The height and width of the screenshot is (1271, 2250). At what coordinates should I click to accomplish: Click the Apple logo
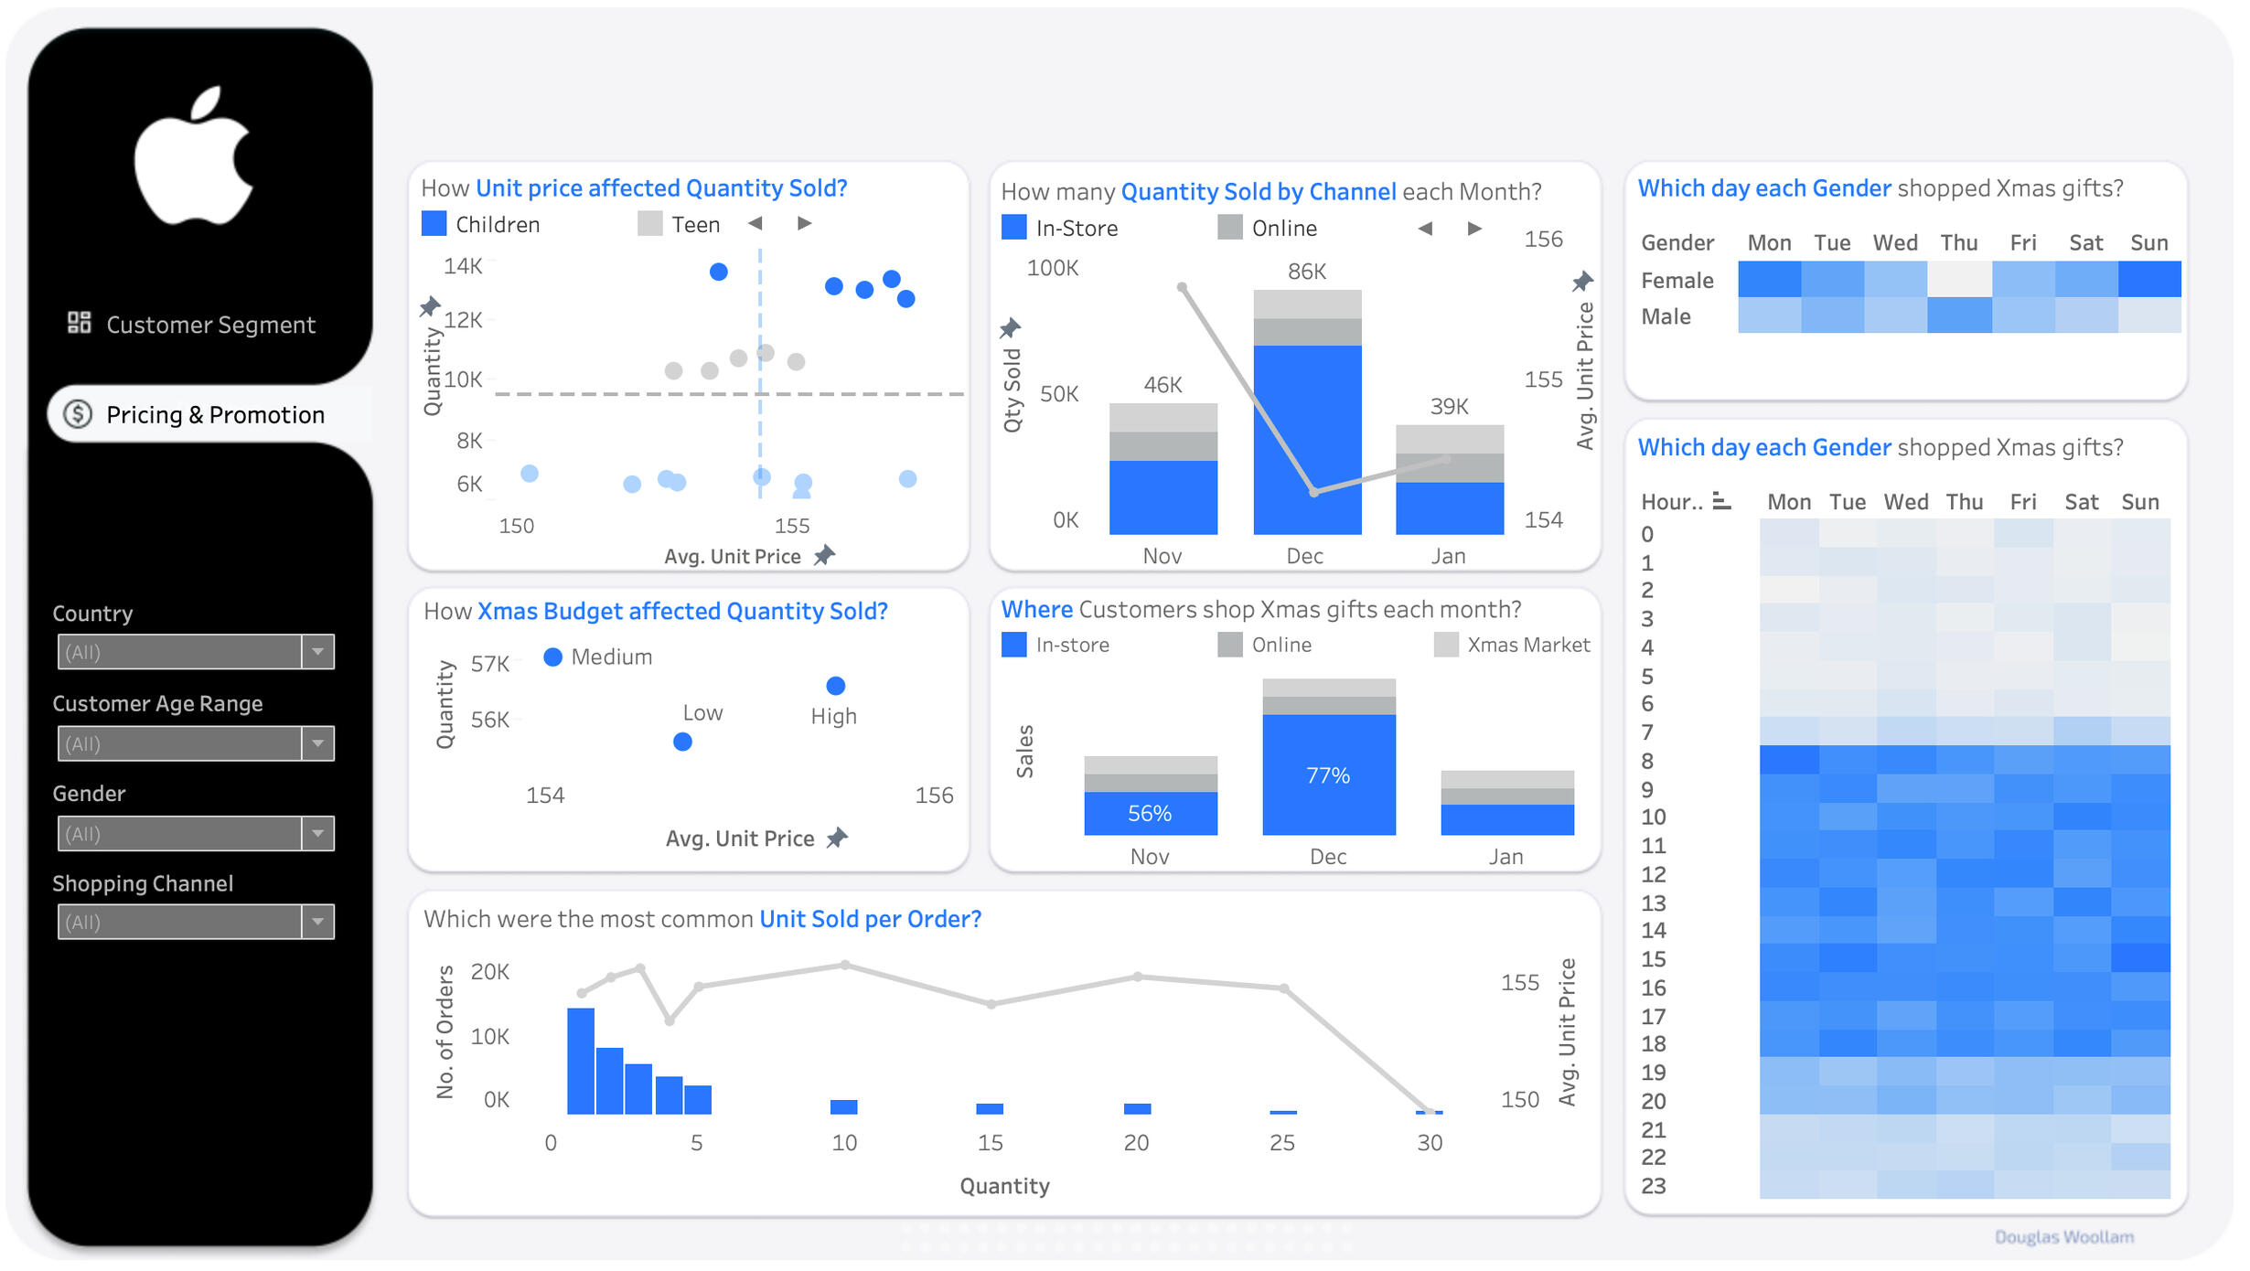click(x=194, y=157)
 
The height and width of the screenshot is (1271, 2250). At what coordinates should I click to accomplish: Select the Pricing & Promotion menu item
click(x=214, y=415)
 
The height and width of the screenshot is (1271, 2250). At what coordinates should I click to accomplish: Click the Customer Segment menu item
click(x=209, y=325)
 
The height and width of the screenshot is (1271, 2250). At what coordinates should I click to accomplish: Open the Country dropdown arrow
click(x=317, y=652)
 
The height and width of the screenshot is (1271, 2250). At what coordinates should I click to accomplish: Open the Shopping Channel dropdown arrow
click(x=317, y=922)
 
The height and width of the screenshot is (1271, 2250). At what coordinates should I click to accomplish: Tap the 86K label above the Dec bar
click(x=1306, y=272)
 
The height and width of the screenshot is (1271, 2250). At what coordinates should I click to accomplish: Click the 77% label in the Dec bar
click(x=1327, y=775)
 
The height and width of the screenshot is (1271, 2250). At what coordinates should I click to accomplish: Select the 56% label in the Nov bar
click(x=1149, y=813)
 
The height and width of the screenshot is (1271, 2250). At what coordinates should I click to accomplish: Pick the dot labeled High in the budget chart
click(x=835, y=686)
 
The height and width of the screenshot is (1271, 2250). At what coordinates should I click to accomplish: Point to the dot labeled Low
click(x=682, y=742)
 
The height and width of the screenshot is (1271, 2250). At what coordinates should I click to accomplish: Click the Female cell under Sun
click(x=2148, y=280)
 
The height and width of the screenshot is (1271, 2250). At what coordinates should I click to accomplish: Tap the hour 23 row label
click(x=1654, y=1186)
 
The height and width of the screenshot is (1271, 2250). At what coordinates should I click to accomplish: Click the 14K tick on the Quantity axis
click(x=463, y=266)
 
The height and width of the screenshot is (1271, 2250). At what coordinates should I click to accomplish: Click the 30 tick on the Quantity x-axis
click(x=1429, y=1142)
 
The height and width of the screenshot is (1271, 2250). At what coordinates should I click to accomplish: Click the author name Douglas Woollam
click(x=2063, y=1237)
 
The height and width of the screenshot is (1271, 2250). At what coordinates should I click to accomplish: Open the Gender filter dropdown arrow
click(x=317, y=833)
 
